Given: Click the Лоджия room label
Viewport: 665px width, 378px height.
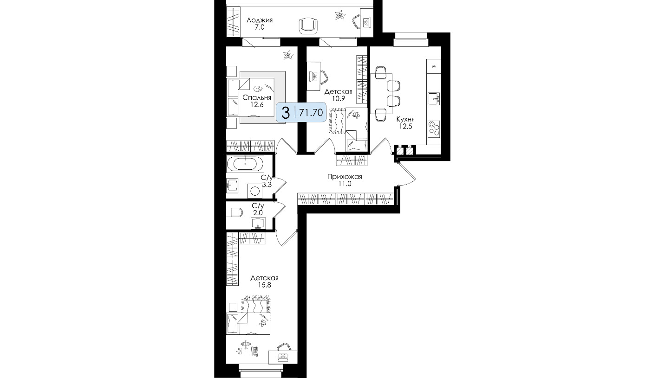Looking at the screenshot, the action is (x=260, y=20).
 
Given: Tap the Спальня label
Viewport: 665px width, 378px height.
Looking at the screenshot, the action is (x=257, y=97).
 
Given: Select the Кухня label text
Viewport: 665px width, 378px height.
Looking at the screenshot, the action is (x=405, y=119).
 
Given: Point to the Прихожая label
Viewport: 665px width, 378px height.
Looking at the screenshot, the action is (x=345, y=177).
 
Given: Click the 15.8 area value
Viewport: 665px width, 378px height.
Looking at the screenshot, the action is (x=265, y=285).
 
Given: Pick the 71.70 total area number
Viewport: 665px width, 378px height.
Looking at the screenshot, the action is (x=311, y=113).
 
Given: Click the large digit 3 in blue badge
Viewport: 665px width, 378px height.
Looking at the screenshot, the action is (x=285, y=113).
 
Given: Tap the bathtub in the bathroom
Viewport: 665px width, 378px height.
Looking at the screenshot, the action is (x=245, y=164).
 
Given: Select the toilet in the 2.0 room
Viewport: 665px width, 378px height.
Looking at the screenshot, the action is (x=235, y=212).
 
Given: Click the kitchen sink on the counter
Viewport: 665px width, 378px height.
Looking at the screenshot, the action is (x=434, y=99).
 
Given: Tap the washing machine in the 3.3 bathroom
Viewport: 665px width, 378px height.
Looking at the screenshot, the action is (x=255, y=191).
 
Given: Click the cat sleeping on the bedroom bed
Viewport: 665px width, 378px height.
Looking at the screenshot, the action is (x=258, y=88).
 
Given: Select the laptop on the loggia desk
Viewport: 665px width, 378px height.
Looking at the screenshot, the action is (x=367, y=22).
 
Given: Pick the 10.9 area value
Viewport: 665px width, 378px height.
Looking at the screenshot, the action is (x=338, y=99).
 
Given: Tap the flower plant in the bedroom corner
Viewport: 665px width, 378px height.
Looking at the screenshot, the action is (x=288, y=55).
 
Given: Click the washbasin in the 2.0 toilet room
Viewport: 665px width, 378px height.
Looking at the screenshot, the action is (x=258, y=223).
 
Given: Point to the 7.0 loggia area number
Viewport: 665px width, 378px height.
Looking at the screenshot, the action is (x=260, y=27).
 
